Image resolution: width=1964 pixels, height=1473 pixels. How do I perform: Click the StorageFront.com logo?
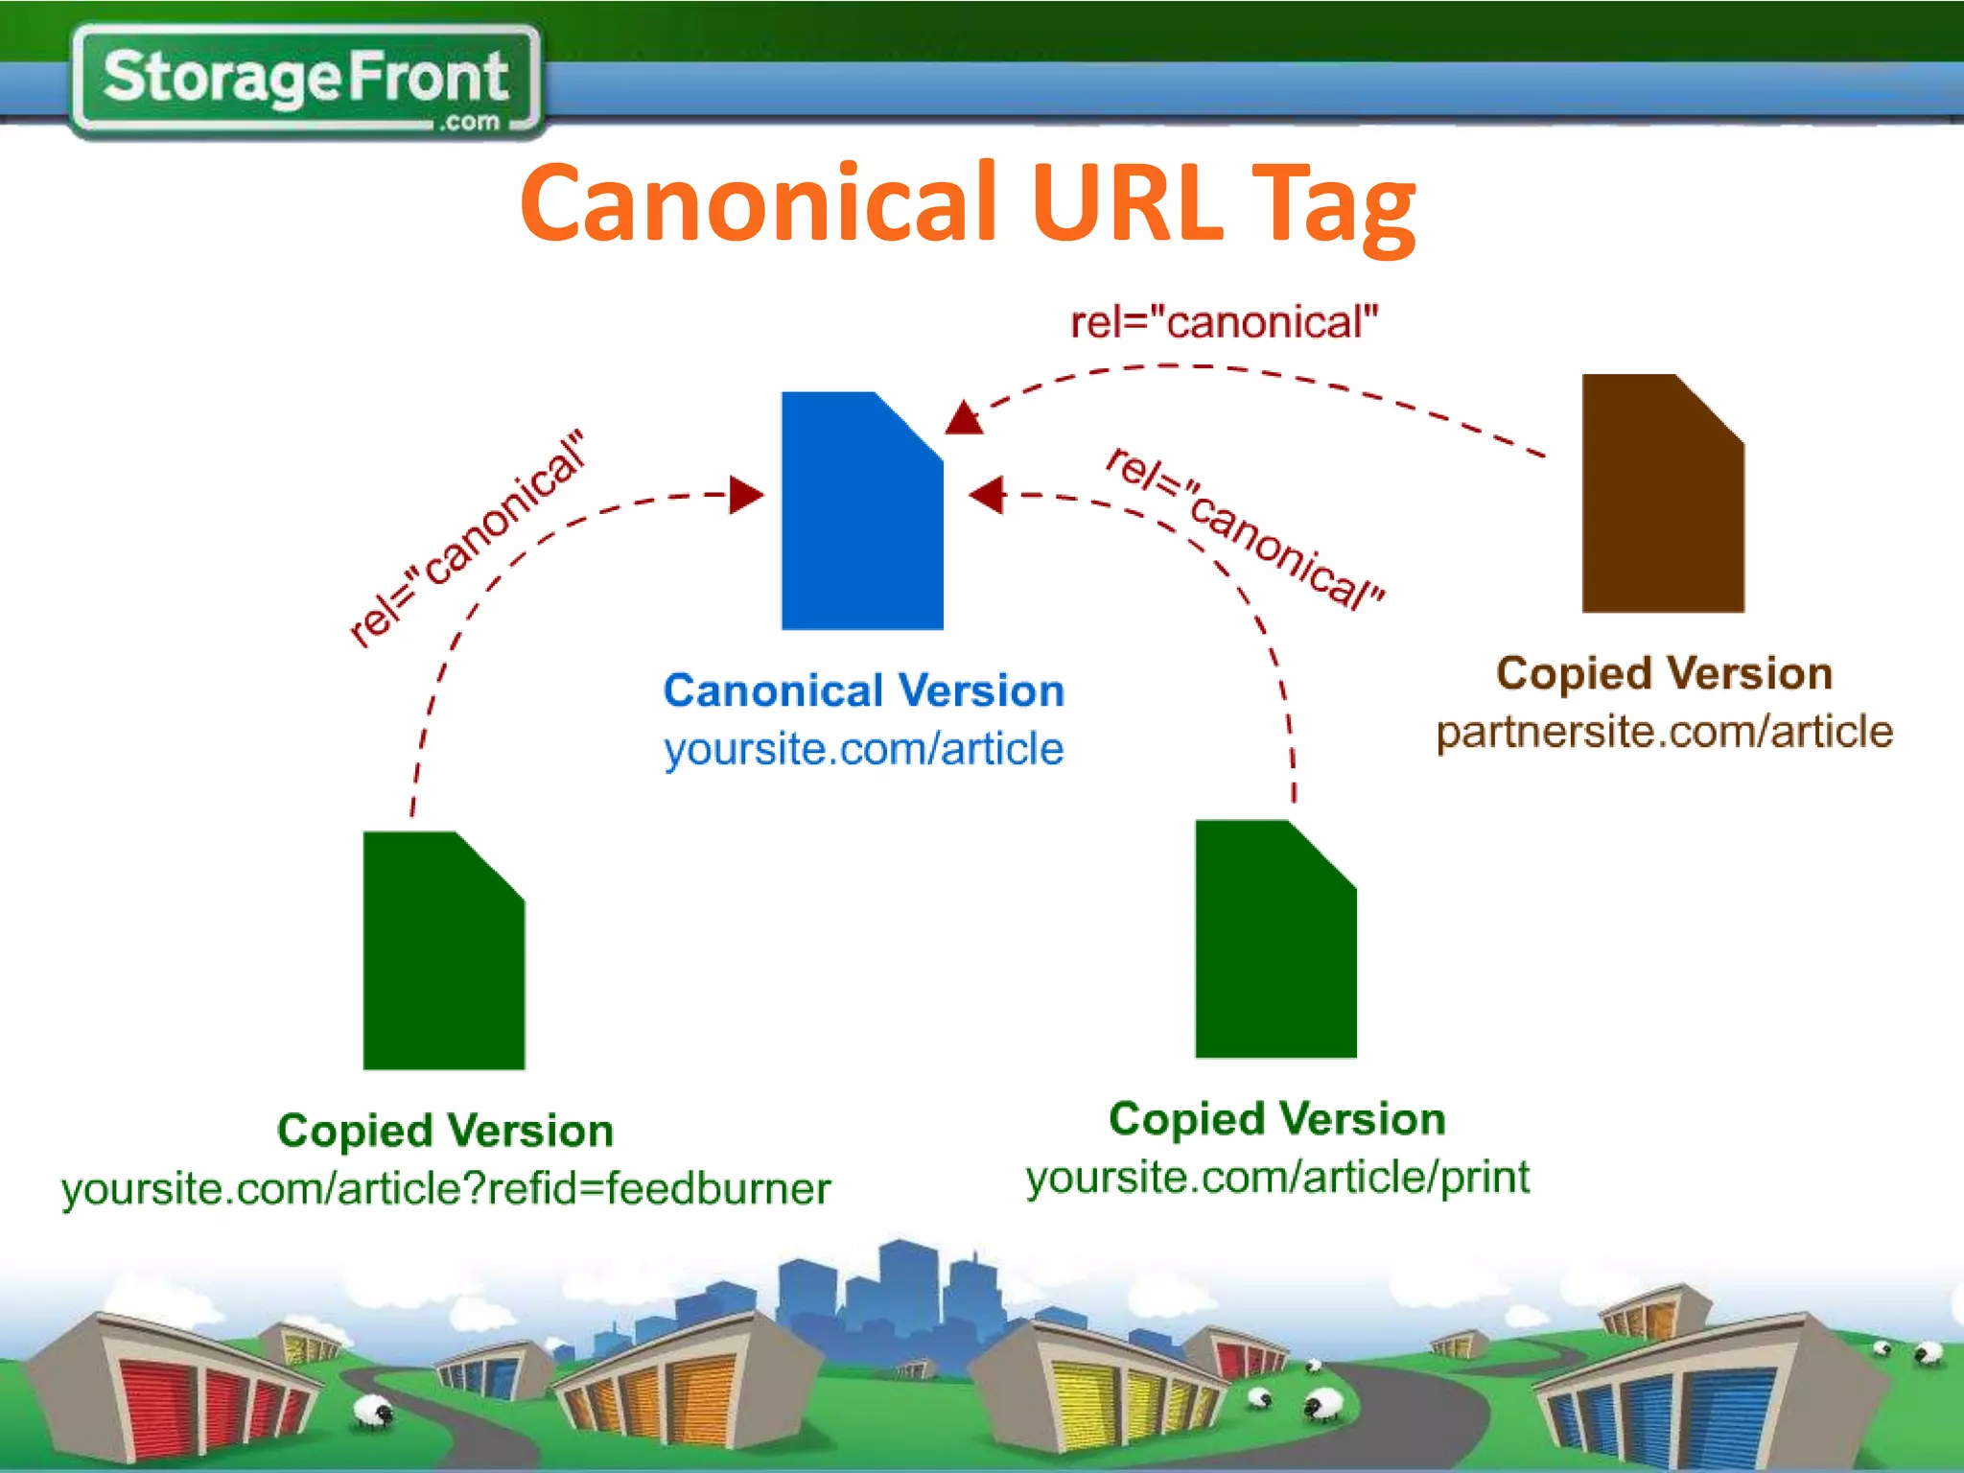305,81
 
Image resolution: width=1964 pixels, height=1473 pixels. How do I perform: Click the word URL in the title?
1127,203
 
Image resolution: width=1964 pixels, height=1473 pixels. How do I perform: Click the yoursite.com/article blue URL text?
863,749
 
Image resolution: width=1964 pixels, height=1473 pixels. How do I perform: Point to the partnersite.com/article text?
1664,732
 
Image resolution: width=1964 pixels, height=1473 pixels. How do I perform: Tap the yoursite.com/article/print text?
1276,1177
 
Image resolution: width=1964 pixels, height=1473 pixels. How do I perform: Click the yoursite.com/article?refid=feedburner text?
446,1189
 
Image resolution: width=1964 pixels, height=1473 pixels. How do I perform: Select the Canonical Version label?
863,690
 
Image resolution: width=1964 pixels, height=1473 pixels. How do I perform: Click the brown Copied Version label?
1664,673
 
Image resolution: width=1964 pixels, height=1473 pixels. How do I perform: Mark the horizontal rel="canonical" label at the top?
1224,322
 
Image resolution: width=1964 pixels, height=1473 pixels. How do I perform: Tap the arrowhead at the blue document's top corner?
965,418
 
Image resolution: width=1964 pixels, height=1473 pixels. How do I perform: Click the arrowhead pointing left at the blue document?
988,495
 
